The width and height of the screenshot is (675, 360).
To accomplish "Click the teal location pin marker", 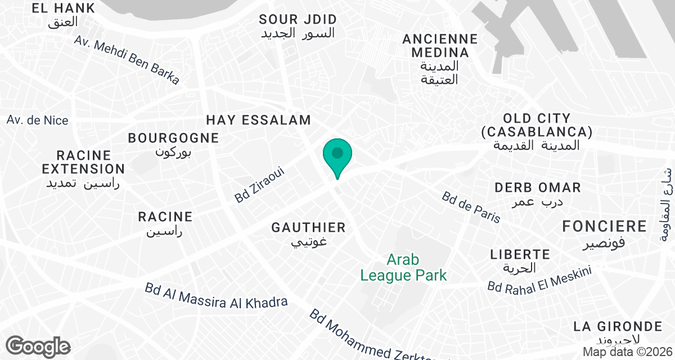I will point(337,155).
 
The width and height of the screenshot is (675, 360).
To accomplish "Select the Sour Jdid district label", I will point(298,26).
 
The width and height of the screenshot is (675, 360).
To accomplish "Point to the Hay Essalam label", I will point(258,120).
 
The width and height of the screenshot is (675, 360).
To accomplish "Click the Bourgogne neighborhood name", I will point(173,143).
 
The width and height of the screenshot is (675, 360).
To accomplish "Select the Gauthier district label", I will point(308,233).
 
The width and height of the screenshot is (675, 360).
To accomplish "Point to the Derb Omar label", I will point(537,193).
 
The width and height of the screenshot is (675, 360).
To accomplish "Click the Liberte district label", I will point(520,260).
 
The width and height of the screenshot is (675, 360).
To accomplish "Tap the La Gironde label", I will point(617,332).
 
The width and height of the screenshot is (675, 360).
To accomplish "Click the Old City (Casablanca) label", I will point(537,132).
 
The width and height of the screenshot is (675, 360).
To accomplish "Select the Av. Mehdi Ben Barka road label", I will point(127,61).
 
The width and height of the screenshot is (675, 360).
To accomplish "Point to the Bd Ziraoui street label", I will point(260,184).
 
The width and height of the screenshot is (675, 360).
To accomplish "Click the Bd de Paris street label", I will point(471,207).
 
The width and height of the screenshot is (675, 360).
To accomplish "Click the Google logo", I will point(38,346).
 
